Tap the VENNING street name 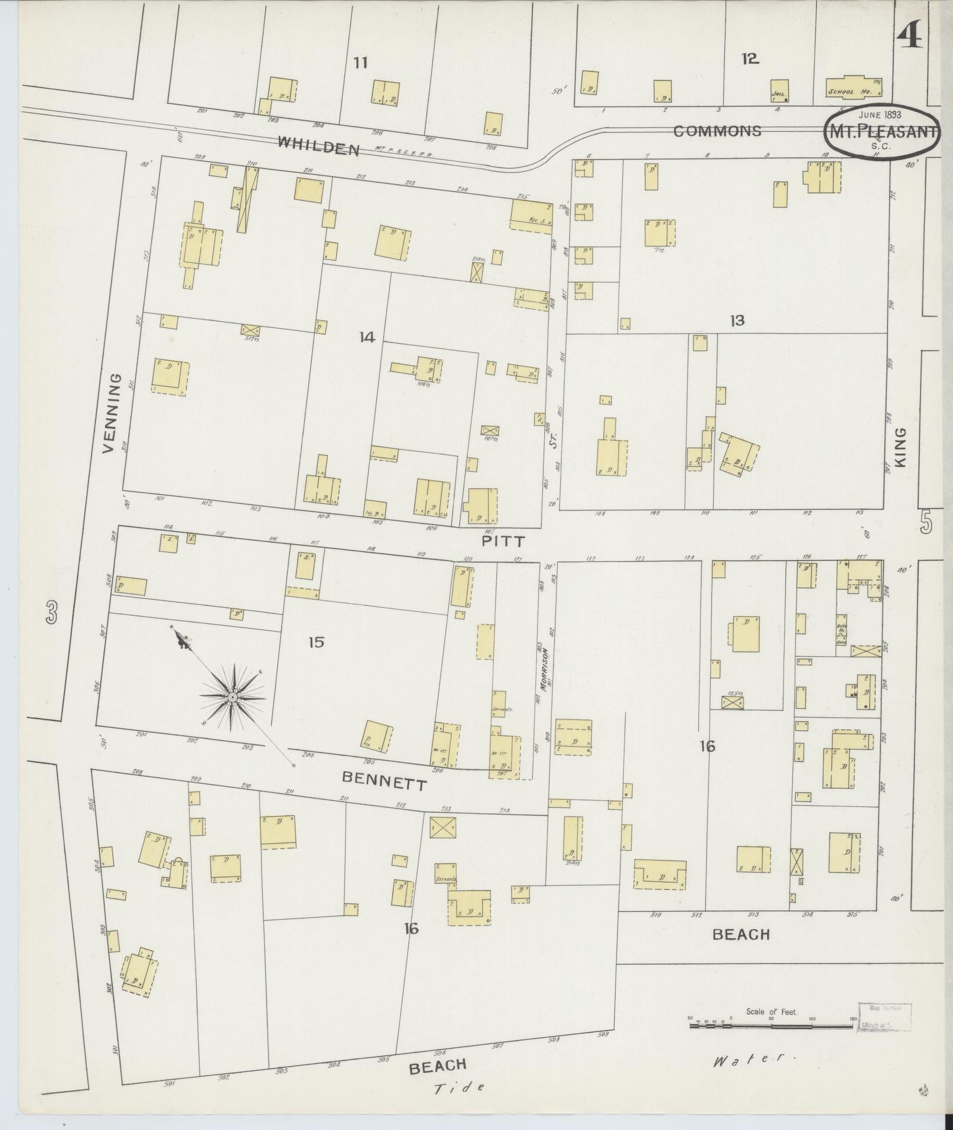click(115, 413)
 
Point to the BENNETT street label click(385, 783)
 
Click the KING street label click(900, 448)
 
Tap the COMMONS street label click(717, 131)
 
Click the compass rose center click(233, 698)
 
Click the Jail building click(780, 91)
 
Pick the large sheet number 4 click(910, 37)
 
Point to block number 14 click(367, 337)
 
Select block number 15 click(317, 642)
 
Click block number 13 click(737, 321)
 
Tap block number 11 click(360, 62)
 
